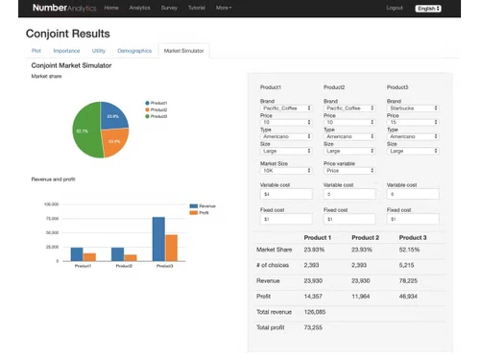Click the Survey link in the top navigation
[x=170, y=8]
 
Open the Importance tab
[x=66, y=50]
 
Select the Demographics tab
[x=133, y=50]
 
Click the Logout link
[x=395, y=8]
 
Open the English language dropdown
[x=428, y=8]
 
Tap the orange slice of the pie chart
[x=116, y=141]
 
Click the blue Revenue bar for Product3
[x=158, y=239]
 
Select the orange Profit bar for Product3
[x=171, y=248]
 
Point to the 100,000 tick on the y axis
[x=52, y=204]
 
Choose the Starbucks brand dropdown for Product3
[x=413, y=108]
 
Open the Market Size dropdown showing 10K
[x=286, y=170]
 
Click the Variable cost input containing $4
[x=286, y=194]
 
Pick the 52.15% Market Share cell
[x=411, y=251]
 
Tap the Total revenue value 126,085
[x=315, y=312]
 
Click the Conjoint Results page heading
[x=67, y=32]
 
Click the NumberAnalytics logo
[x=63, y=8]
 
